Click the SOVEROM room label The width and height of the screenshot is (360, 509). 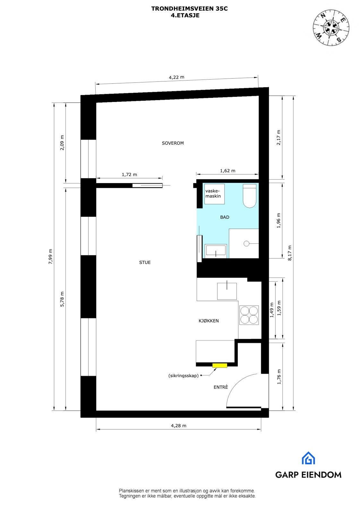173,143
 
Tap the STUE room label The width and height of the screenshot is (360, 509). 145,262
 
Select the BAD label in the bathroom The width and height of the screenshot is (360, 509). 225,217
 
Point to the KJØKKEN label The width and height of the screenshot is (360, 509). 209,321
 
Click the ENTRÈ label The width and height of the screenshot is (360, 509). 221,387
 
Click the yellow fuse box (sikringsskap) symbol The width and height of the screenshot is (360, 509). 219,365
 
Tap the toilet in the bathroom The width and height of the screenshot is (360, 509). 249,196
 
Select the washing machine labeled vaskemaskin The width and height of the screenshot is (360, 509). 214,194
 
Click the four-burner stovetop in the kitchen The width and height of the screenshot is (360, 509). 249,315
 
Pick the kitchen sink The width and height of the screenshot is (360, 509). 227,291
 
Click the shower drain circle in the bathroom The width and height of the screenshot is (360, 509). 246,243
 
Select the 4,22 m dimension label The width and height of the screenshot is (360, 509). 176,77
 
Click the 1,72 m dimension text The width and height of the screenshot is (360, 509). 129,174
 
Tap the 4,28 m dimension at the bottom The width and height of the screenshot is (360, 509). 178,426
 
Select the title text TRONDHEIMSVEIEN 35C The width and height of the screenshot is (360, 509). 189,9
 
